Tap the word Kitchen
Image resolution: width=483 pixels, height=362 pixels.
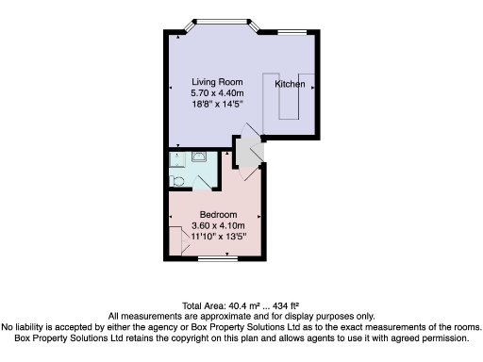(x=290, y=85)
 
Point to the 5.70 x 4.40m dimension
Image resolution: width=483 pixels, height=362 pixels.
(x=217, y=93)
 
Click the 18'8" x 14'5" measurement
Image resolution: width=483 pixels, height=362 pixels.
(x=217, y=105)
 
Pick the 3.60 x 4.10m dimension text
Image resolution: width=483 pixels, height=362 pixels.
(x=218, y=226)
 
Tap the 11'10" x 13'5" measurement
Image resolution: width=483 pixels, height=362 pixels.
(x=218, y=238)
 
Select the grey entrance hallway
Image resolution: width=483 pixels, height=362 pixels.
(x=248, y=153)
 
